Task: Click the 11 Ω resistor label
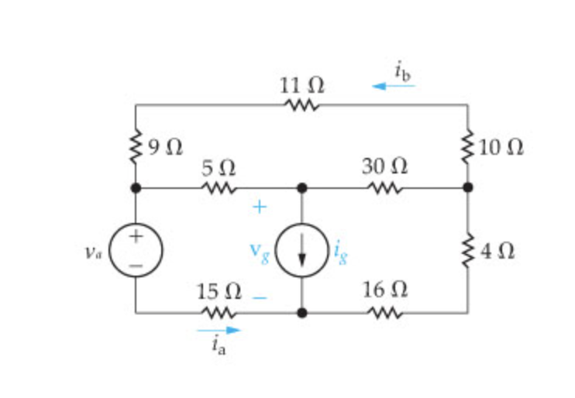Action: point(301,86)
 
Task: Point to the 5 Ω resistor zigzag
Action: point(219,187)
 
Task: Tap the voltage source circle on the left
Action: point(136,249)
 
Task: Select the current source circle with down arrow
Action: point(301,249)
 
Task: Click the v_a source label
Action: point(94,251)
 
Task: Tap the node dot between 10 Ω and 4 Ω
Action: point(467,187)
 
